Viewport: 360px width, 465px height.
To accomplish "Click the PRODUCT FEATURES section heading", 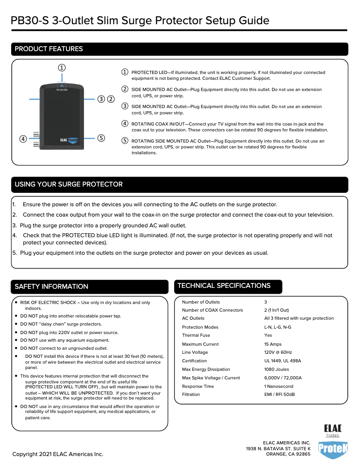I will click(49, 49).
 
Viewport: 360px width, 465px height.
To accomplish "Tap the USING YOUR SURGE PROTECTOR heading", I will click(69, 184).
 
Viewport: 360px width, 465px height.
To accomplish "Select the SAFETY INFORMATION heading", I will click(52, 287).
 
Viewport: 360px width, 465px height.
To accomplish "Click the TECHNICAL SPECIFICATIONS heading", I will click(224, 286).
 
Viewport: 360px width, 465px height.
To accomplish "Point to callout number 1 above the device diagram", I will click(61, 68).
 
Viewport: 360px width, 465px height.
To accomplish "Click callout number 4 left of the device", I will click(22, 139).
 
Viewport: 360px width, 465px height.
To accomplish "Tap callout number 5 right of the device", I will click(101, 138).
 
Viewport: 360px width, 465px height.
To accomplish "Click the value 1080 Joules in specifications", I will click(277, 369).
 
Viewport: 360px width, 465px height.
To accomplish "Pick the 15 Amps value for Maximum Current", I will click(273, 344).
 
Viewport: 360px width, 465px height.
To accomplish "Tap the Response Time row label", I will click(198, 386).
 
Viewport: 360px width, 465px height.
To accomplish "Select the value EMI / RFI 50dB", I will click(279, 395).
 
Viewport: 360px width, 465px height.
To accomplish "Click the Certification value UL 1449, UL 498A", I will click(282, 361).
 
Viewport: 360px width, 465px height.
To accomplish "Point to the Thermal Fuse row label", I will click(196, 335).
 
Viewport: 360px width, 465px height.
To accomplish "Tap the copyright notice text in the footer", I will click(58, 454).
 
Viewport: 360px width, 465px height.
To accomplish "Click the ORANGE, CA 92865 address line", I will click(288, 454).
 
